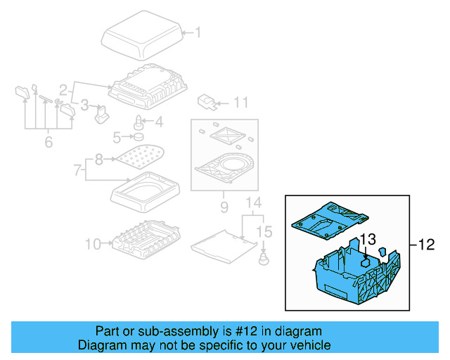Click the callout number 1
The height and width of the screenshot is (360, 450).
(197, 32)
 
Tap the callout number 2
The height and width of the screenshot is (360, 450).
(63, 89)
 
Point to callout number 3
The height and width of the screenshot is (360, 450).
(84, 106)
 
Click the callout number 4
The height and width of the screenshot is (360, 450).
(158, 122)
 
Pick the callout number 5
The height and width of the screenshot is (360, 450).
(117, 136)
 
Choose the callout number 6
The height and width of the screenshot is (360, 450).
(48, 143)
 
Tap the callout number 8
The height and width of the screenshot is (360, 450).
(99, 160)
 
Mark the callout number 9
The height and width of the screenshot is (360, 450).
(224, 207)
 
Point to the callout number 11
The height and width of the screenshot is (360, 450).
(240, 103)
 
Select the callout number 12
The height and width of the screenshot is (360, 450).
(427, 245)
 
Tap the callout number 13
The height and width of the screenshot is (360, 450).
(369, 240)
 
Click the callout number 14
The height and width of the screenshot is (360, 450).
(252, 205)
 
